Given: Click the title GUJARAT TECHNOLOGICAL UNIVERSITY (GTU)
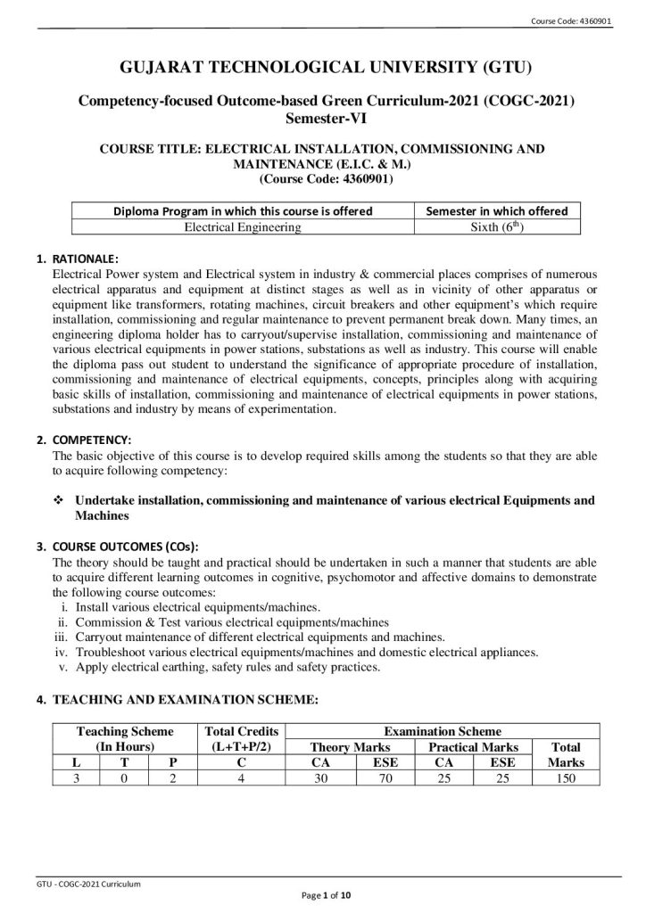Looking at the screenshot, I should tap(322, 68).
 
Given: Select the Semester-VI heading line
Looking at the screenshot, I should tap(322, 118).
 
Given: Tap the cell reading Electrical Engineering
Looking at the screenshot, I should tap(242, 227).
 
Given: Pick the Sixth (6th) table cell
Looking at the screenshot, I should tap(497, 227).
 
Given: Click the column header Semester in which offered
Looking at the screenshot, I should tap(497, 211).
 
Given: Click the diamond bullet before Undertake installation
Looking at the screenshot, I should tap(60, 501).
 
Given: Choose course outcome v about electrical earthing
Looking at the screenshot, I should tap(230, 667).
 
